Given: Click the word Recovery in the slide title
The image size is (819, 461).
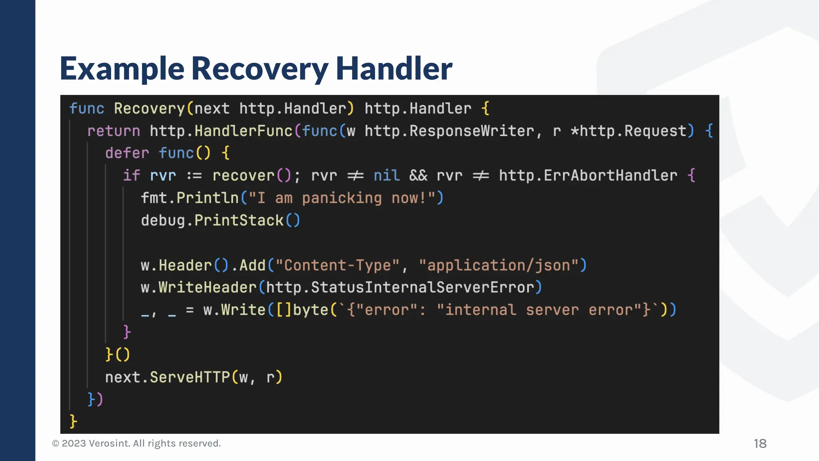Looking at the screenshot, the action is [x=260, y=68].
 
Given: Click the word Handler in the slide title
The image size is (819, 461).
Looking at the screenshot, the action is [x=394, y=68].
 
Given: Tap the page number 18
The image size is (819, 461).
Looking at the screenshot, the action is [x=760, y=443].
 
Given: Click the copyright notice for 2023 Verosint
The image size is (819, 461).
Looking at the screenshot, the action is [x=136, y=443].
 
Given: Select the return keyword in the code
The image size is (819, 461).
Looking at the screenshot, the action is [x=114, y=131].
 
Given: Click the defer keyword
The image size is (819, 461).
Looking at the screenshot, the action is [x=127, y=153].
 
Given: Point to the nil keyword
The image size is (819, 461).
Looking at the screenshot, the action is [x=386, y=176].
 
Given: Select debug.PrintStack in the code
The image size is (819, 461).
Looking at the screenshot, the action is [x=212, y=220].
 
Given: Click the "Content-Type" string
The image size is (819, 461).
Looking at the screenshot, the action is [x=338, y=265].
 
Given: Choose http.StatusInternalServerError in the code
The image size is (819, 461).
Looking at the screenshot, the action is [x=400, y=288].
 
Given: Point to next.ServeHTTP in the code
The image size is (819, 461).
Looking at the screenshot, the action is [x=167, y=377].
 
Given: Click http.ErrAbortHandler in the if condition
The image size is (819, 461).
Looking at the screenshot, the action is [x=588, y=176].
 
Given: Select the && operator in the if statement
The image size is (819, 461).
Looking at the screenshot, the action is [x=418, y=176].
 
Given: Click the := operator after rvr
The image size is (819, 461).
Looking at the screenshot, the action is [x=194, y=176].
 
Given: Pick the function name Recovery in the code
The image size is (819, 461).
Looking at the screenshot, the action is [x=149, y=109].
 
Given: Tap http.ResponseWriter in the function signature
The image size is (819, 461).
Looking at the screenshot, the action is [x=449, y=131].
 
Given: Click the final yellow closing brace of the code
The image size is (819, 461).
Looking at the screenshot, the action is [x=73, y=421].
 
